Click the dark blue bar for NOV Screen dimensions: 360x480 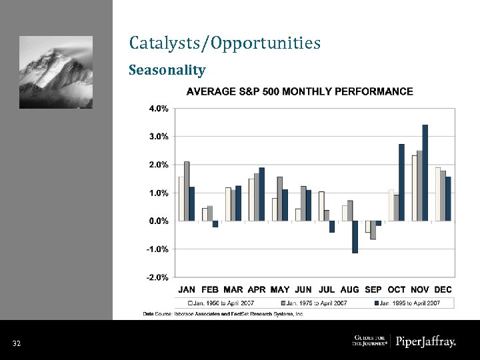click(x=425, y=173)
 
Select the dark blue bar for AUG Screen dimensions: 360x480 click(x=355, y=237)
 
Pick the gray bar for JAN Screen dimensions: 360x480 click(x=187, y=191)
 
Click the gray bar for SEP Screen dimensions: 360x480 click(x=373, y=230)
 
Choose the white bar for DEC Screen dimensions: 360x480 click(x=438, y=194)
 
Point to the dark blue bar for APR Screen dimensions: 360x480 click(x=262, y=194)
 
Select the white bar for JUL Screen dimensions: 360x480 click(x=321, y=206)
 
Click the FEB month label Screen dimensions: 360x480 click(x=210, y=289)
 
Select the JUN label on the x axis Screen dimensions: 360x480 click(x=303, y=289)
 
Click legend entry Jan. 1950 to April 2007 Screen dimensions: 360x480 click(x=227, y=303)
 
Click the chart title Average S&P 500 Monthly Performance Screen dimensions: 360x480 click(x=299, y=91)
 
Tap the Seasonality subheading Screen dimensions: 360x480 click(x=167, y=70)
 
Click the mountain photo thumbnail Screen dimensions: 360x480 click(x=56, y=72)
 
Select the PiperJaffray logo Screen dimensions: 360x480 click(x=425, y=342)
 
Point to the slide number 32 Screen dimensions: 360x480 click(x=17, y=343)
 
